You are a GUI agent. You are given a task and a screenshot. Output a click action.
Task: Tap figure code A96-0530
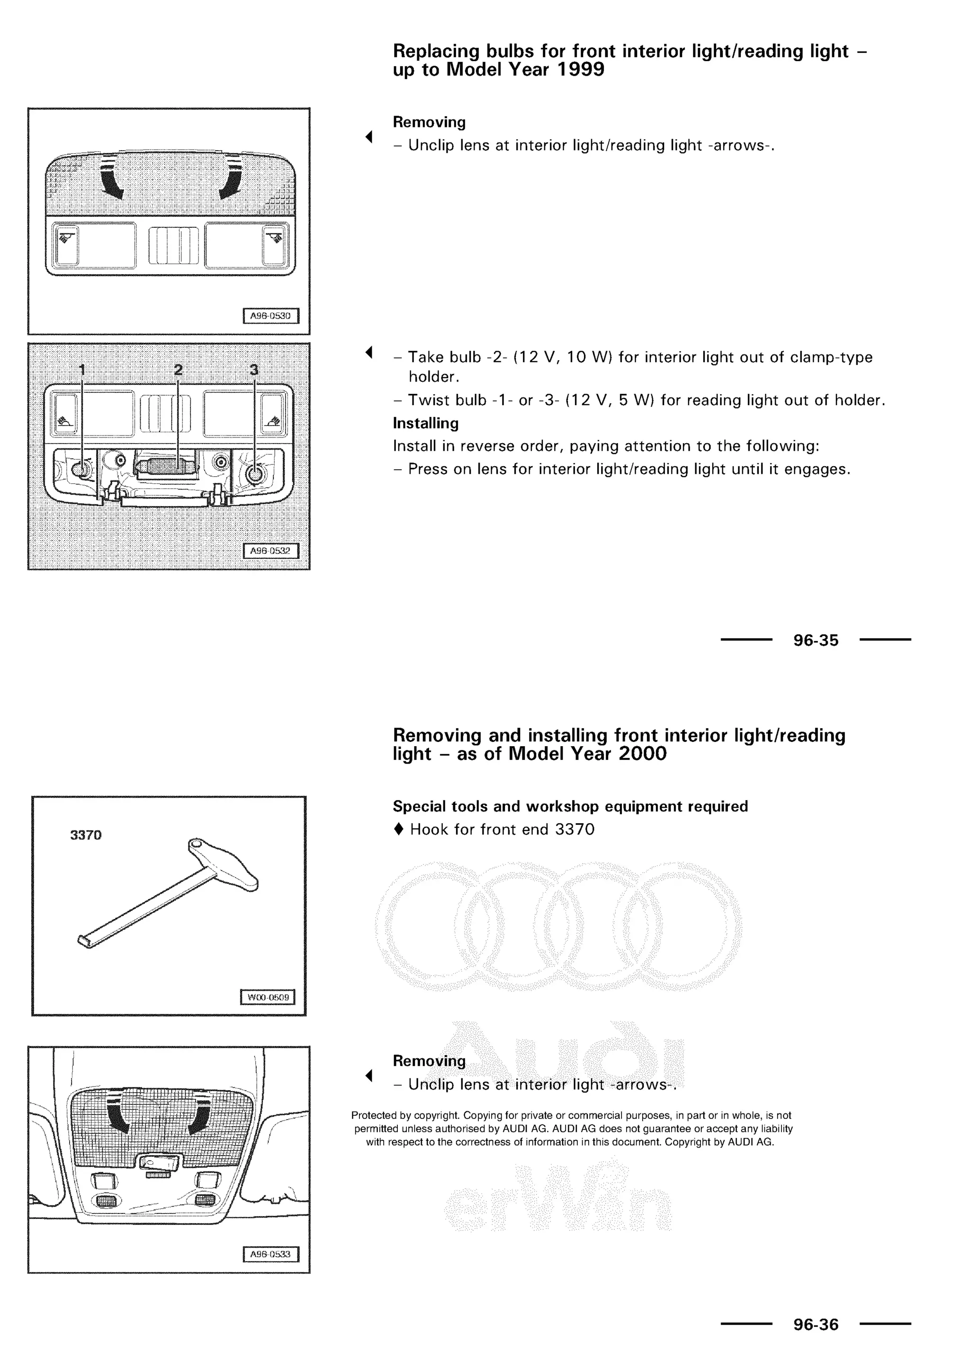point(270,316)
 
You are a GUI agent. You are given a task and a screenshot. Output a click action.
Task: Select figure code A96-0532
point(270,551)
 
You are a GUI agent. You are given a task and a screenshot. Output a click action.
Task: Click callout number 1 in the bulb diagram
point(82,370)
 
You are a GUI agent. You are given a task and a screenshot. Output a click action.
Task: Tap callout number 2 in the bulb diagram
point(178,370)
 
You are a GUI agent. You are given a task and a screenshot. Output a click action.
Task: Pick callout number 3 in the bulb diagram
point(254,370)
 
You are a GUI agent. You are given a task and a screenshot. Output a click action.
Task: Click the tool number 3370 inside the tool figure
point(86,835)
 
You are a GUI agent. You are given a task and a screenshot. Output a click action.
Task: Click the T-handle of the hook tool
point(224,864)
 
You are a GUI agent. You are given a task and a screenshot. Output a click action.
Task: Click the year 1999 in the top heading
point(580,70)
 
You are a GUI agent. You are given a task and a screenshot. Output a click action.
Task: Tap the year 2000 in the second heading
point(642,754)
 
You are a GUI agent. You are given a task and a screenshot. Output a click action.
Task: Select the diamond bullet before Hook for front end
point(398,829)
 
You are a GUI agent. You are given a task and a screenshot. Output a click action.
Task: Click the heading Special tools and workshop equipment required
point(570,806)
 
